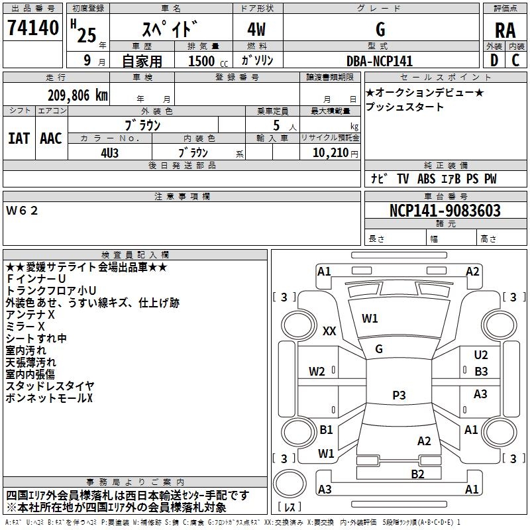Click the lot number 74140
33,28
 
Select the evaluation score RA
505,30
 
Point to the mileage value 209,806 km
78,95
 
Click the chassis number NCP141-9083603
445,211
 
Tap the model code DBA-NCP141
380,60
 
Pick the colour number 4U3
110,152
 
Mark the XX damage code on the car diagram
329,331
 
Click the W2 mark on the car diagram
317,371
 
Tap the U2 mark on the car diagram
481,355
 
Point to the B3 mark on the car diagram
481,372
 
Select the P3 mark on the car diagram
399,395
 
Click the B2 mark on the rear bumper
417,473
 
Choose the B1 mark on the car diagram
326,430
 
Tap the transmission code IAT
19,138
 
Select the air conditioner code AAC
50,138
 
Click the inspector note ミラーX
25,327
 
